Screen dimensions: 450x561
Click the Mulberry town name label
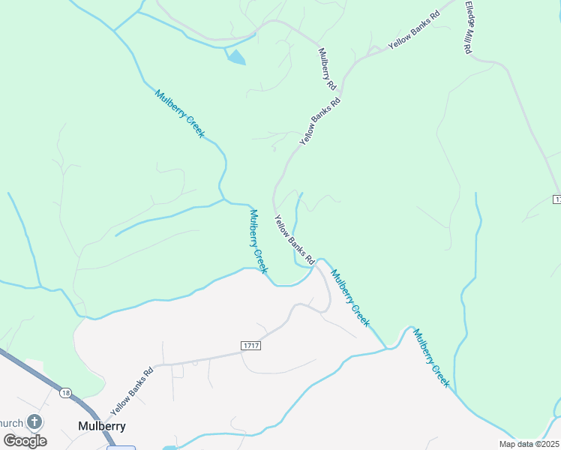[x=101, y=426]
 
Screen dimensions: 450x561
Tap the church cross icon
[x=34, y=422]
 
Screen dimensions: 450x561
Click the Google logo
[x=25, y=441]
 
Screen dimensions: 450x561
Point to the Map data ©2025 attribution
[x=529, y=444]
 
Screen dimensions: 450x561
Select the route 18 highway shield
[x=66, y=392]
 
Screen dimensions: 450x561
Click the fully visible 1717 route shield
[x=251, y=344]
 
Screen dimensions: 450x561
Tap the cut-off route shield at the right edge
[x=557, y=199]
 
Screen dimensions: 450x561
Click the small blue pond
[x=236, y=57]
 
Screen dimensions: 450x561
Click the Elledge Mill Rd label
[x=469, y=26]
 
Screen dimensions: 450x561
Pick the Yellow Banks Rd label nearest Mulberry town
[x=131, y=391]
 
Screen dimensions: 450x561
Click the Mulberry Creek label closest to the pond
[x=180, y=113]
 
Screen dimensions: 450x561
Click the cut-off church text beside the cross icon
[x=11, y=423]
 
